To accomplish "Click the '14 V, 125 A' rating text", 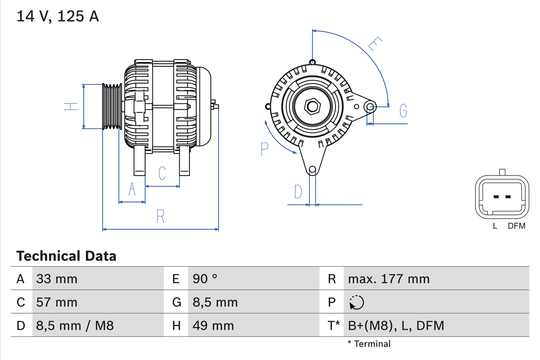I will pyautogui.click(x=58, y=16).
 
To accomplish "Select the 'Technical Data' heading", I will pyautogui.click(x=66, y=256).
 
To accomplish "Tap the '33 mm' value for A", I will pyautogui.click(x=57, y=279).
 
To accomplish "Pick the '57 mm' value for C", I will pyautogui.click(x=57, y=302).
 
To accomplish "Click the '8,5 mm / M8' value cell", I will pyautogui.click(x=75, y=325).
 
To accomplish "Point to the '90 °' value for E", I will pyautogui.click(x=205, y=279).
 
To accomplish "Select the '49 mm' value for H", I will pyautogui.click(x=213, y=325).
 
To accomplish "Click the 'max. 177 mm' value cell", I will pyautogui.click(x=389, y=279).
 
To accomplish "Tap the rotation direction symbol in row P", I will pyautogui.click(x=356, y=302).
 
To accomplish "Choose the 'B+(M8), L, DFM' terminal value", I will pyautogui.click(x=396, y=325).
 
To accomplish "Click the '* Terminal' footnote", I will pyautogui.click(x=369, y=344).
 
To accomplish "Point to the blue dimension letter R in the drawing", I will pyautogui.click(x=160, y=216).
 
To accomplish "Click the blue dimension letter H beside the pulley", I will pyautogui.click(x=71, y=106).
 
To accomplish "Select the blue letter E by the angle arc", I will pyautogui.click(x=375, y=44).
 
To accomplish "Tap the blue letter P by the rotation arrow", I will pyautogui.click(x=265, y=149).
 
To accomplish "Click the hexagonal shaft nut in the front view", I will pyautogui.click(x=312, y=106).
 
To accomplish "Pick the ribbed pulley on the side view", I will pyautogui.click(x=112, y=106).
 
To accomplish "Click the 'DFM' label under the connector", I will pyautogui.click(x=516, y=226).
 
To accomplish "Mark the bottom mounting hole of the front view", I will pyautogui.click(x=312, y=170).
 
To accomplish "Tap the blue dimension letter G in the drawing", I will pyautogui.click(x=403, y=111).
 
